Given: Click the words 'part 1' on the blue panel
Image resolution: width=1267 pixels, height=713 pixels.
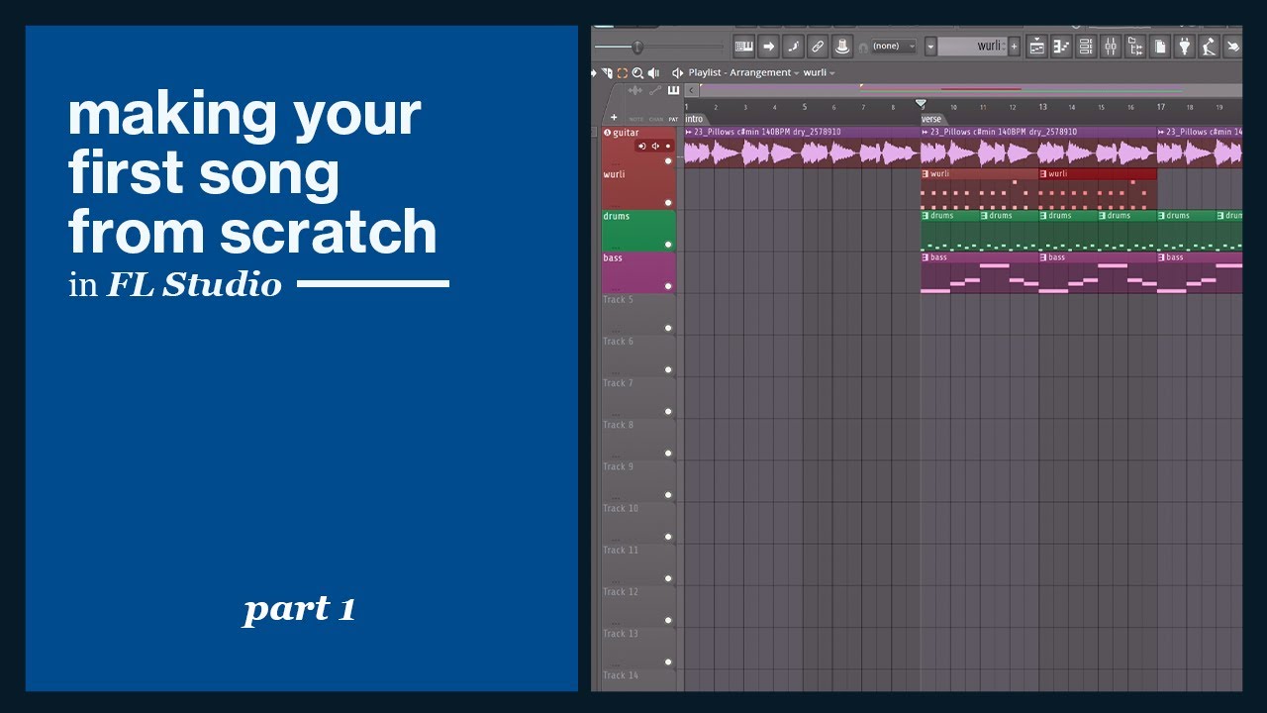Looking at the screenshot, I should (x=299, y=609).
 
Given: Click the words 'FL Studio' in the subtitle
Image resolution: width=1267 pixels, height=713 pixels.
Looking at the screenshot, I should (x=194, y=285).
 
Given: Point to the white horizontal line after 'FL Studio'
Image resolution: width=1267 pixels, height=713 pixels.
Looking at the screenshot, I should (x=372, y=284).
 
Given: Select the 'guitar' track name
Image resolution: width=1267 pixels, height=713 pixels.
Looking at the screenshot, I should (x=626, y=133).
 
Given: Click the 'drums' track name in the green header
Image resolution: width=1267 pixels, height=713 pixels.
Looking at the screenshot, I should (x=617, y=216).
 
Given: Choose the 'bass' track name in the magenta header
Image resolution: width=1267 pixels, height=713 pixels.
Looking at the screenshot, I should (x=614, y=258).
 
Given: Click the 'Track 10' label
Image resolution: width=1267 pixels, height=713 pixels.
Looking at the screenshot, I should (x=621, y=509).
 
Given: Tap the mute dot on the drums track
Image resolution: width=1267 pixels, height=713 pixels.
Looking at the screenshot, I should (x=668, y=245).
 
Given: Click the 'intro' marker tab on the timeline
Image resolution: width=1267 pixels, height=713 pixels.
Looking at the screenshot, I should (x=694, y=119).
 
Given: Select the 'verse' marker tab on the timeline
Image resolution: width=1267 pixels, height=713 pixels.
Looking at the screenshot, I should (x=931, y=119).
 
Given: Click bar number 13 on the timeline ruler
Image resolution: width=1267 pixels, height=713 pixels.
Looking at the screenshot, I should (x=1042, y=107).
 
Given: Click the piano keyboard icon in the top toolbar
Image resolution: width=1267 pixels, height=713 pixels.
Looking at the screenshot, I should (x=743, y=47).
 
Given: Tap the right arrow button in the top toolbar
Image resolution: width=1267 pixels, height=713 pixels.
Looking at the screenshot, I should (x=768, y=47).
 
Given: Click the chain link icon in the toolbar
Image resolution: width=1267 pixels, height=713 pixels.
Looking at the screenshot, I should (x=817, y=47).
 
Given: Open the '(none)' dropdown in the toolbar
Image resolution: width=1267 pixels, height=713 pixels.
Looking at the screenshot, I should (x=893, y=47).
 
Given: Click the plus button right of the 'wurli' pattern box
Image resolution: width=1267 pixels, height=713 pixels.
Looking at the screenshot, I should (x=1014, y=47).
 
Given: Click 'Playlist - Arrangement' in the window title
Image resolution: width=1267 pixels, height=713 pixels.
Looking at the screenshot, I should (x=739, y=73).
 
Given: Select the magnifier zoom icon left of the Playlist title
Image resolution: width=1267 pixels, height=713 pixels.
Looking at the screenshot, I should (x=637, y=73).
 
